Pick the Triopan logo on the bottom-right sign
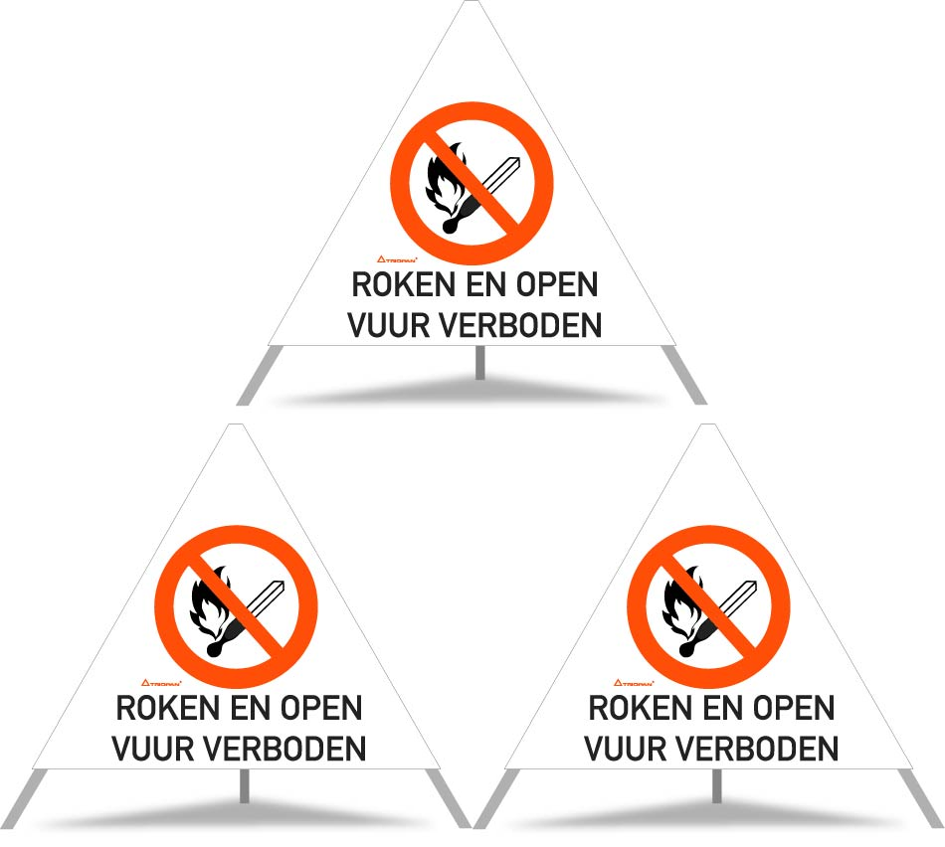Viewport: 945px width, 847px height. point(632,683)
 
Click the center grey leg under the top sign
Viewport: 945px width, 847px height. point(479,363)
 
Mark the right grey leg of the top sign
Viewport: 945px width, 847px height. point(687,375)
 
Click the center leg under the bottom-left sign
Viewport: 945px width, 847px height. point(244,786)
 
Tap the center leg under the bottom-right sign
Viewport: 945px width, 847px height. point(715,786)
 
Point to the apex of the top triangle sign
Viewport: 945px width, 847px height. point(473,5)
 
